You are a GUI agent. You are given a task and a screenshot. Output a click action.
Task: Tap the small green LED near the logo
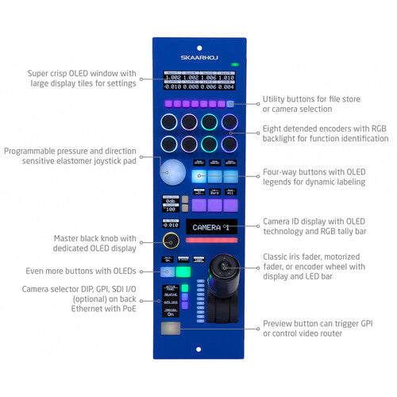tap(234, 63)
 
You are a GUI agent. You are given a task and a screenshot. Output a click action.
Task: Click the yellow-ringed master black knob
tap(170, 241)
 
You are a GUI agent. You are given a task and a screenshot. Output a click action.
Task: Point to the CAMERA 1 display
tap(210, 227)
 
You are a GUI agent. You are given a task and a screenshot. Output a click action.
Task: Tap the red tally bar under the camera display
tap(210, 240)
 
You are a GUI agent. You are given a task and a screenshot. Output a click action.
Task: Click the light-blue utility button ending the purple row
tap(230, 104)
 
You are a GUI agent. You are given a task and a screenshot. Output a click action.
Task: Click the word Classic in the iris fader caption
tap(278, 256)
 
